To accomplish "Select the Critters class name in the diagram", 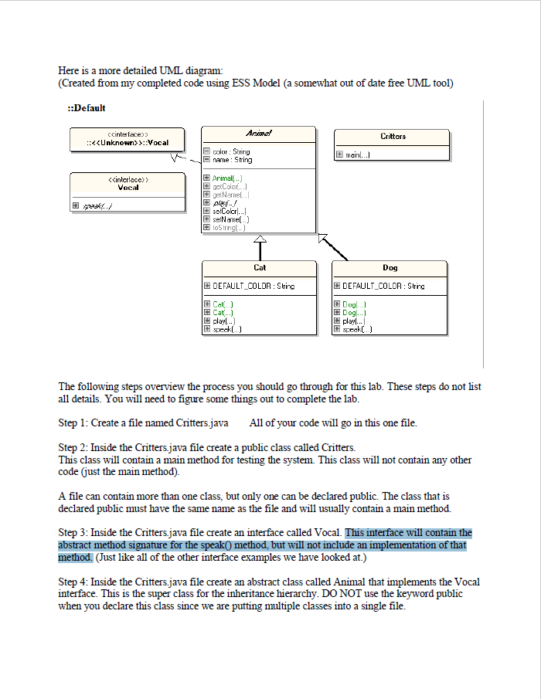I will [393, 136].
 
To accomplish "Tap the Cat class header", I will [260, 267].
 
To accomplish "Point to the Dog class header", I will [390, 267].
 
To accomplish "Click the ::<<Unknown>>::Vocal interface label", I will [128, 142].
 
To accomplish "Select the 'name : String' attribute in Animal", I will [231, 160].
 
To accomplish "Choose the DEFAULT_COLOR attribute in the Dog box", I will [383, 286].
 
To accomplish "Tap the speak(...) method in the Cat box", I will [229, 329].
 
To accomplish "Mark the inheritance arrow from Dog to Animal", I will [332, 246].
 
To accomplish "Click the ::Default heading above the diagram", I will [87, 108].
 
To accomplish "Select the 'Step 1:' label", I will [73, 423].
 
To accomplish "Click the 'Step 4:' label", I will [73, 582].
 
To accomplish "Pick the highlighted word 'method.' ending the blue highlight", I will [76, 558].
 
